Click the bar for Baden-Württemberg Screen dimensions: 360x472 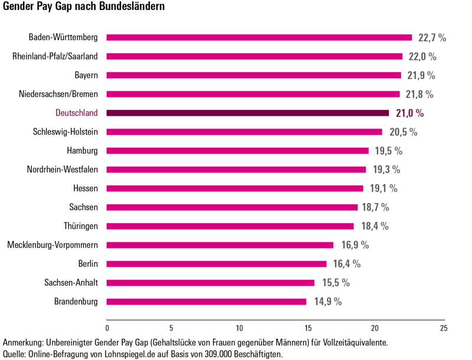pos(259,38)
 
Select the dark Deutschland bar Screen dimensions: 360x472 pos(248,113)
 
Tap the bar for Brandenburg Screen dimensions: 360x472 pos(206,302)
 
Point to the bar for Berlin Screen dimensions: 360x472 pos(217,264)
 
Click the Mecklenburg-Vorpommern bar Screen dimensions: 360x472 pos(220,245)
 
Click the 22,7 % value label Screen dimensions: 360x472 pos(432,38)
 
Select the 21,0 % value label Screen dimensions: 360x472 pos(410,113)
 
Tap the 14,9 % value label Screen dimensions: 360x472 pos(328,302)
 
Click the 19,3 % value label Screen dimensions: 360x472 pos(386,169)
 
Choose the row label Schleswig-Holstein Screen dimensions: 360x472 pos(65,132)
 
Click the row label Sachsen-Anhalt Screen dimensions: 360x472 pos(71,283)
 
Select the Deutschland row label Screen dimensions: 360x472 pos(77,113)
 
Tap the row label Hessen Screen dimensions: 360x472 pos(86,188)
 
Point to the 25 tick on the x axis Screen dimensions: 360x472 pos(444,328)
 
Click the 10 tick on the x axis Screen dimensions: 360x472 pos(240,328)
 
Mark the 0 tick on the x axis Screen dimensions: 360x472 pos(107,328)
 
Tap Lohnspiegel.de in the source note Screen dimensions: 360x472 pos(117,354)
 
